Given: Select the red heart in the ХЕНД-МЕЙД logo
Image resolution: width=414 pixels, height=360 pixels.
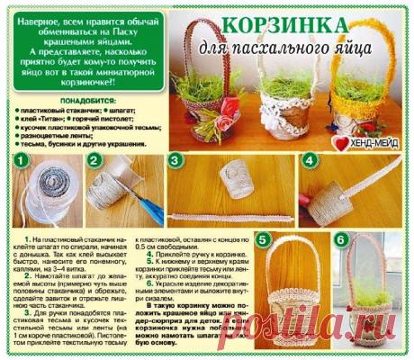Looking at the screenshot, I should point(337,141).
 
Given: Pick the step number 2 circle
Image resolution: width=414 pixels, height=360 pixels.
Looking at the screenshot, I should point(93,160).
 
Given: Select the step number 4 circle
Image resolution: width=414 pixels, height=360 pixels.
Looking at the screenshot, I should point(309,160).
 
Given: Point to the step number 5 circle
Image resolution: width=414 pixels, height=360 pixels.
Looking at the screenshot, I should point(263,240).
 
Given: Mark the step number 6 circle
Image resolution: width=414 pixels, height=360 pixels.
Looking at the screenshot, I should point(341,240).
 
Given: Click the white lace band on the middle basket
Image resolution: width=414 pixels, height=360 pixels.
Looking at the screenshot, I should point(281,118).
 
